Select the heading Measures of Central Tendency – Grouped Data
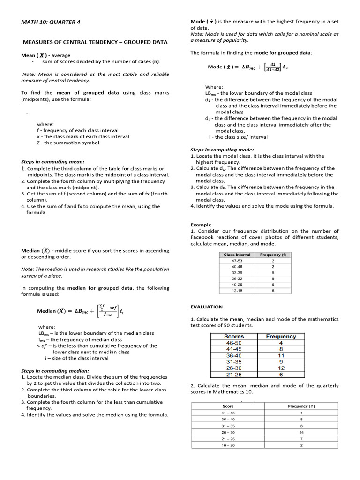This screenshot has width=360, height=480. point(95,42)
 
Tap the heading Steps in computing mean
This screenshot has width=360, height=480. point(52,161)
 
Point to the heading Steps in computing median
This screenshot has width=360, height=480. point(55,370)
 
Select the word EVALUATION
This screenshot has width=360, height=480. point(206,307)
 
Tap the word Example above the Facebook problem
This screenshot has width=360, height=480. point(201,225)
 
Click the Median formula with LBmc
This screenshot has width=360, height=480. point(80,311)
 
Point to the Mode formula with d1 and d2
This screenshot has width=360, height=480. point(247,67)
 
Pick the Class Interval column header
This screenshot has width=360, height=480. point(237,255)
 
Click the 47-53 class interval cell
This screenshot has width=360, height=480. point(237,261)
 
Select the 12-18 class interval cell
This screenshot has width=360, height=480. point(237,291)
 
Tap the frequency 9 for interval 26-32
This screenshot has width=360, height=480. point(273,278)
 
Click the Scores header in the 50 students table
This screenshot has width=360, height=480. point(234,336)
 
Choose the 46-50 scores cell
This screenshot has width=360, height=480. point(234,343)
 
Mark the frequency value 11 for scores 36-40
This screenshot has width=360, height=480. point(281,355)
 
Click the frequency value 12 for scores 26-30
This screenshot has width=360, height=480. point(281,368)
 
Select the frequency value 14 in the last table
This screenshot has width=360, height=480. point(301,432)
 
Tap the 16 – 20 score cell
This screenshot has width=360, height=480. point(228,445)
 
